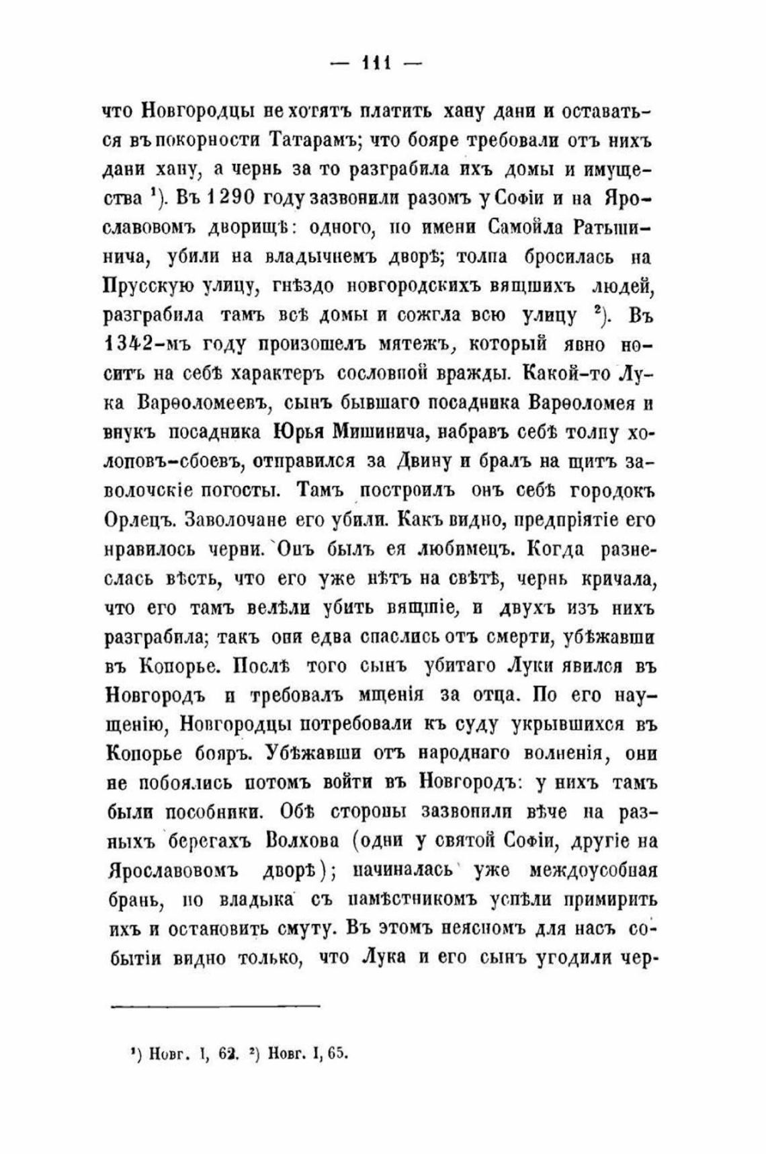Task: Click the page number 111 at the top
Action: (x=377, y=64)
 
